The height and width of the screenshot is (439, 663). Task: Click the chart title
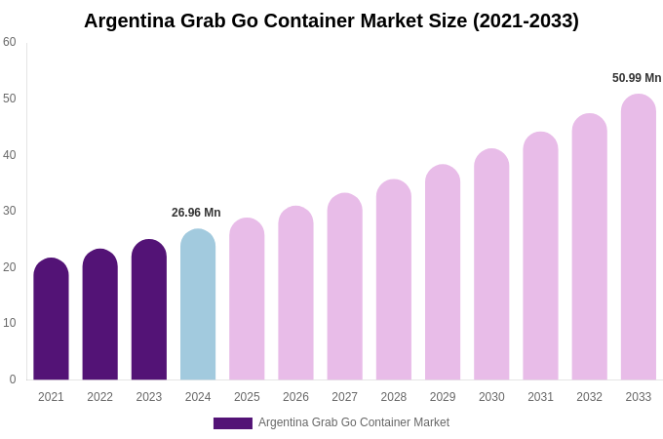click(331, 20)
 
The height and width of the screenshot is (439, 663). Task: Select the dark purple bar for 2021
click(51, 319)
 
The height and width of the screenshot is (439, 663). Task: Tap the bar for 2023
click(149, 310)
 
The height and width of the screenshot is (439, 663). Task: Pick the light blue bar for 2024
click(198, 304)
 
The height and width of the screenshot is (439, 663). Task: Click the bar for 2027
click(344, 287)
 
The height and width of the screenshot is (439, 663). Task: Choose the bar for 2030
click(491, 264)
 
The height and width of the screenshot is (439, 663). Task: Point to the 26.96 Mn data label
click(196, 213)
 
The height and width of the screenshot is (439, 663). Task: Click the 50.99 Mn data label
click(637, 78)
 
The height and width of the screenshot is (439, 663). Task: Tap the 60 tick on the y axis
click(10, 42)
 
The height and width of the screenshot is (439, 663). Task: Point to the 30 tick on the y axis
click(10, 211)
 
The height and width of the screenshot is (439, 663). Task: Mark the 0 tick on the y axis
click(13, 379)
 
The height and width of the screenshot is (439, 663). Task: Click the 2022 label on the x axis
click(99, 397)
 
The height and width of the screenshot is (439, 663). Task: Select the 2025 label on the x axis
click(247, 397)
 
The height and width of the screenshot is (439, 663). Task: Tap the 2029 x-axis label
click(443, 397)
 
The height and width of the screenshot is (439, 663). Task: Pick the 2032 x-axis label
click(589, 397)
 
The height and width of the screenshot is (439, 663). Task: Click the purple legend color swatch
click(233, 423)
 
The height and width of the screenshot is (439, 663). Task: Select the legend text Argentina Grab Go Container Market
click(354, 422)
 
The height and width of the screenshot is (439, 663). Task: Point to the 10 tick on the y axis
click(10, 323)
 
